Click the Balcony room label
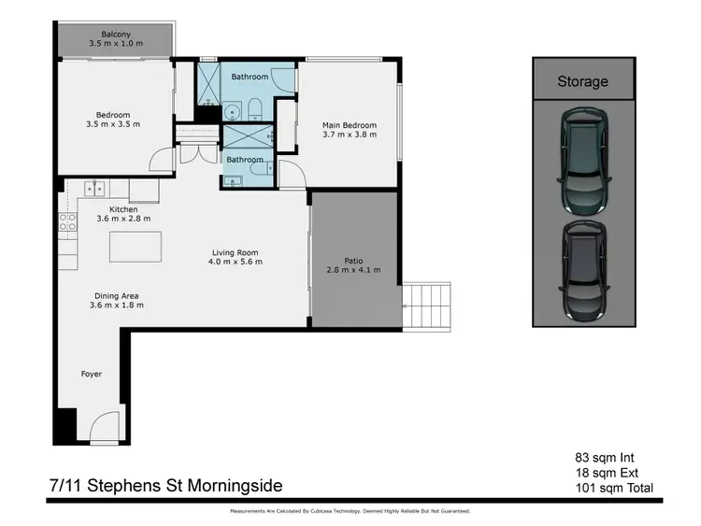[x=115, y=34]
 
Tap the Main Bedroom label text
[x=349, y=125]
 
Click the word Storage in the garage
[x=582, y=81]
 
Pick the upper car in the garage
[x=582, y=159]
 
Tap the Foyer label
[x=91, y=374]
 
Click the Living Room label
[x=235, y=252]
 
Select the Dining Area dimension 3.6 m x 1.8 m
[x=114, y=306]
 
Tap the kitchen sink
[x=93, y=190]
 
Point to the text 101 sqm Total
[x=613, y=488]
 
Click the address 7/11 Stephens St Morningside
[x=165, y=486]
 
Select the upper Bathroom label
[x=250, y=77]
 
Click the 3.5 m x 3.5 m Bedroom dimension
[x=112, y=123]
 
